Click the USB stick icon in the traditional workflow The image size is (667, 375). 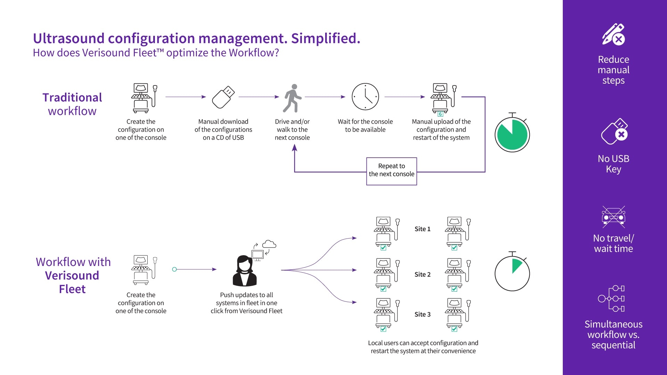click(223, 97)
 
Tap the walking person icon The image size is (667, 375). click(293, 98)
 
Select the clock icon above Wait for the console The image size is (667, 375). click(365, 97)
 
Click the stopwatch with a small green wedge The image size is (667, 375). click(512, 273)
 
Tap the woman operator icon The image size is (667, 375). click(245, 272)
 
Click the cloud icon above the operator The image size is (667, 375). click(269, 244)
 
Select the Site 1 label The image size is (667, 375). click(422, 229)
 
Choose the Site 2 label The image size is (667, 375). click(422, 275)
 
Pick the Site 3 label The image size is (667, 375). click(422, 315)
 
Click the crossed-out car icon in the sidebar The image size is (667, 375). click(614, 217)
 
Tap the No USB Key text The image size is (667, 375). click(614, 164)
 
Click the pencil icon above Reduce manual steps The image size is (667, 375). click(613, 34)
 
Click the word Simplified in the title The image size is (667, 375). click(326, 39)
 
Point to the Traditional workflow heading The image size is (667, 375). click(72, 104)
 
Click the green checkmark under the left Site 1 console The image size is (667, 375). click(384, 248)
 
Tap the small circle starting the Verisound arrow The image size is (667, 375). click(174, 269)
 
